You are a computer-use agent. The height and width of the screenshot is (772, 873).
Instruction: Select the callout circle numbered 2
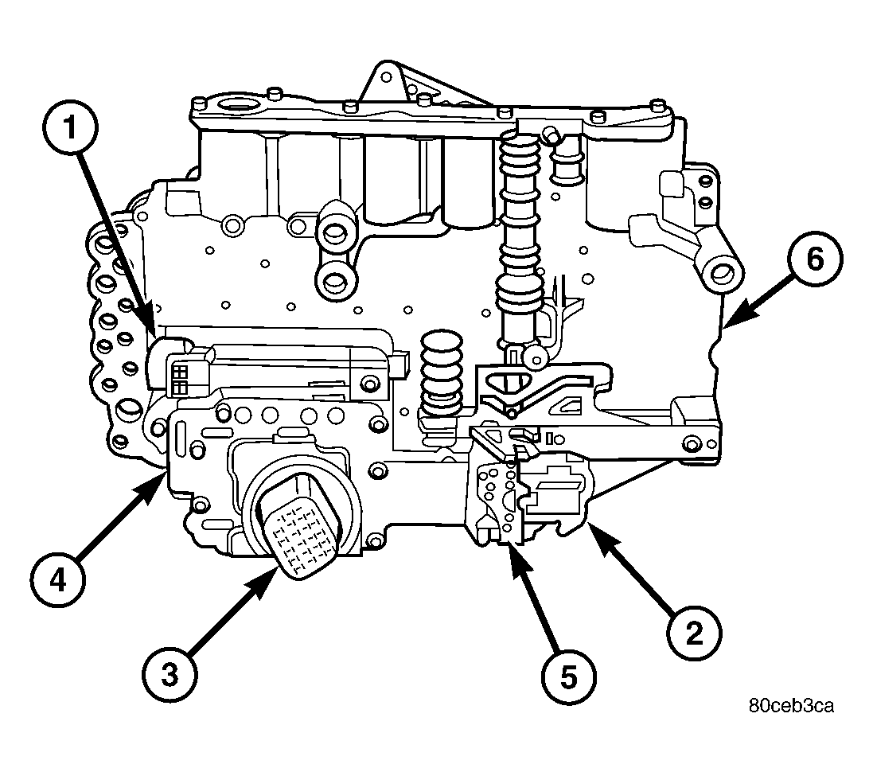point(692,633)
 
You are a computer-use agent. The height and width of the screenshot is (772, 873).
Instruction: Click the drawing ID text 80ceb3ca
point(791,706)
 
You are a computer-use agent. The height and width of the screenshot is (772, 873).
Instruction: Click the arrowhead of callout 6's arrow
point(728,326)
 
